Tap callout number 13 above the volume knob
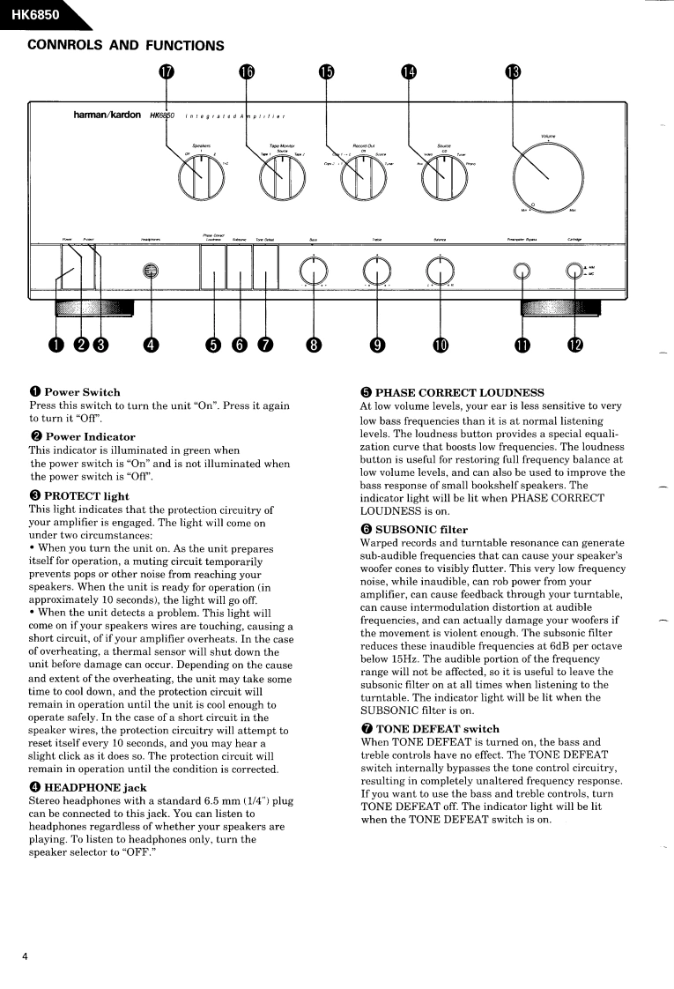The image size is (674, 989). [512, 72]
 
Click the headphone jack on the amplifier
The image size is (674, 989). [152, 272]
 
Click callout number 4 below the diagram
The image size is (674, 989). [152, 344]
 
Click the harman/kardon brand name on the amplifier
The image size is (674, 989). [107, 115]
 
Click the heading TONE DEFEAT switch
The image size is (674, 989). [430, 729]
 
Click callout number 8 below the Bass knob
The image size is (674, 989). [314, 344]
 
